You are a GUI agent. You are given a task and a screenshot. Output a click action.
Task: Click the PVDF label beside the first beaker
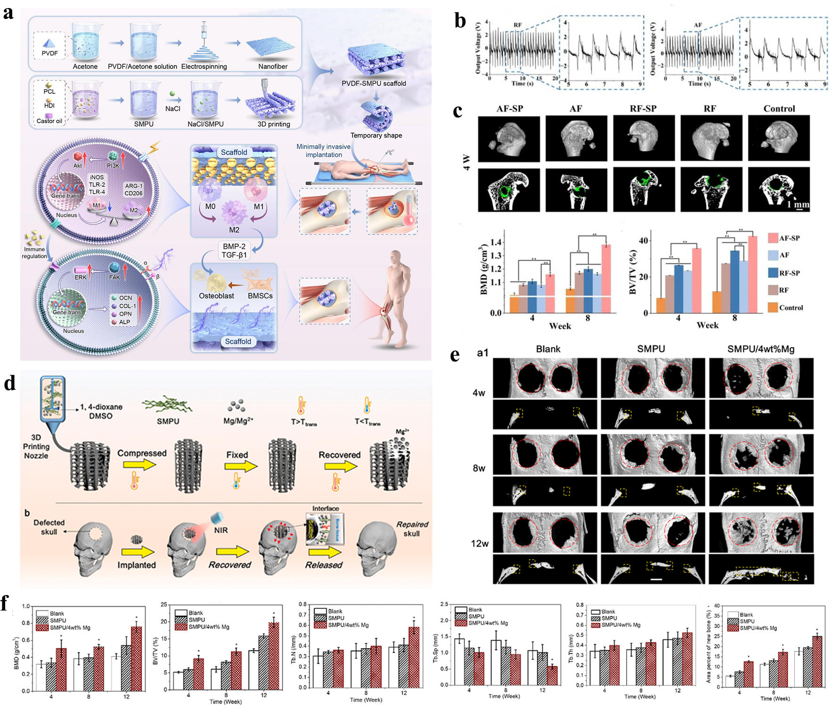pyautogui.click(x=50, y=53)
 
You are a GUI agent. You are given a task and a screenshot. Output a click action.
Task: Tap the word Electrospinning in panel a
pyautogui.click(x=204, y=66)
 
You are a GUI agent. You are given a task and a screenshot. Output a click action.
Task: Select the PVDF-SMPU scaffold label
pyautogui.click(x=374, y=83)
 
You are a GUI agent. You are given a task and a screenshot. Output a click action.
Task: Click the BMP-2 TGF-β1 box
pyautogui.click(x=234, y=251)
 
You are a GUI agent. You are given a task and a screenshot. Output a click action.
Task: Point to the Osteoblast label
pyautogui.click(x=216, y=296)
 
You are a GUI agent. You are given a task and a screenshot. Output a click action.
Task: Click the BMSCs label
pyautogui.click(x=260, y=296)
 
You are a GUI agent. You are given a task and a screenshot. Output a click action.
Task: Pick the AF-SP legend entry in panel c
pyautogui.click(x=789, y=238)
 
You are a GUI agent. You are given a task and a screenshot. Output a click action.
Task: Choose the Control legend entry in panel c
pyautogui.click(x=790, y=308)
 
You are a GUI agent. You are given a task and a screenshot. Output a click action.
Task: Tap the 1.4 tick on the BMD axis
pyautogui.click(x=496, y=242)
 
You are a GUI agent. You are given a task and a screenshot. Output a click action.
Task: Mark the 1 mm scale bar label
pyautogui.click(x=798, y=204)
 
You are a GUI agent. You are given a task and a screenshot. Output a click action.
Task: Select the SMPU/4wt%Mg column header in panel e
pyautogui.click(x=760, y=349)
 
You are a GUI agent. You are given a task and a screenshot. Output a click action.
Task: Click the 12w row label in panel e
pyautogui.click(x=480, y=543)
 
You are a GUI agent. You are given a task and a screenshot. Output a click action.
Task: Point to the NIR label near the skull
pyautogui.click(x=221, y=530)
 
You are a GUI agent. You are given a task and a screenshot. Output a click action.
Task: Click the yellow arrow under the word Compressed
pyautogui.click(x=139, y=465)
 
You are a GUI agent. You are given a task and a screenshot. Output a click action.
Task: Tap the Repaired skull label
pyautogui.click(x=412, y=529)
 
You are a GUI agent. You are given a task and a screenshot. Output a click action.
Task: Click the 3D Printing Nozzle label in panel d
pyautogui.click(x=36, y=446)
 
